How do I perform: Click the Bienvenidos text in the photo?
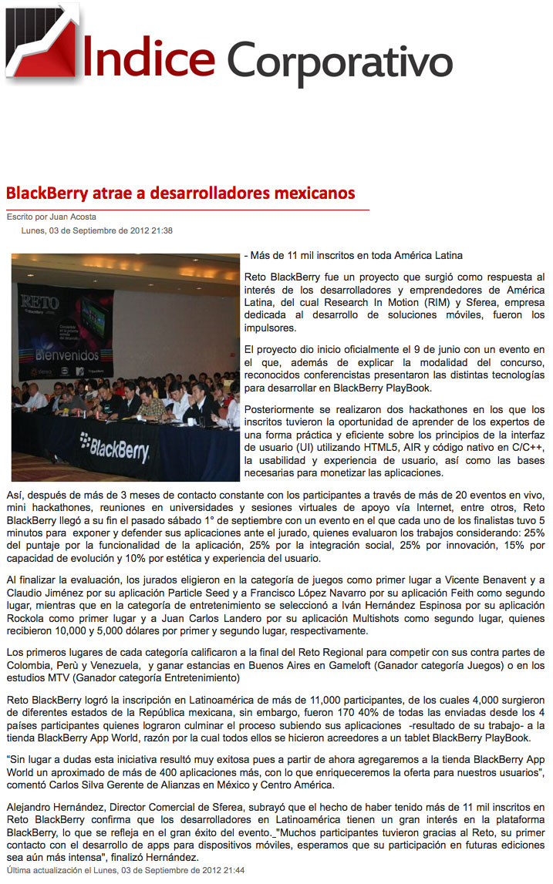pos(67,355)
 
